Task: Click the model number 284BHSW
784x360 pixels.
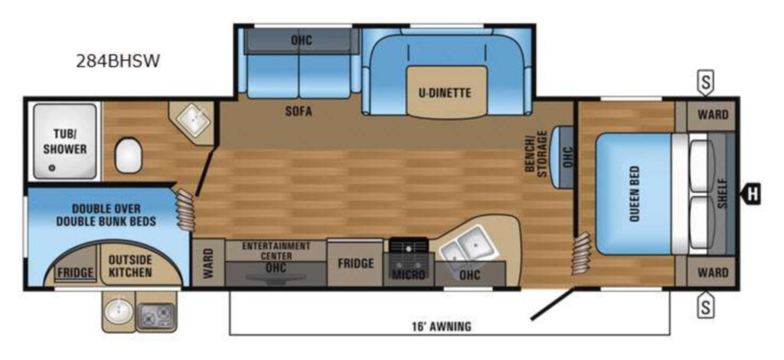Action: pyautogui.click(x=118, y=61)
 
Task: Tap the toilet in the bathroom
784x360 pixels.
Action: pyautogui.click(x=128, y=155)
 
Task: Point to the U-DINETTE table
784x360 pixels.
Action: pyautogui.click(x=446, y=93)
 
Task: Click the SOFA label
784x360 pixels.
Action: pyautogui.click(x=299, y=112)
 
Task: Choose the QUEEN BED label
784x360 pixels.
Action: pyautogui.click(x=634, y=194)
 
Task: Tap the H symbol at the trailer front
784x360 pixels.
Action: pyautogui.click(x=752, y=194)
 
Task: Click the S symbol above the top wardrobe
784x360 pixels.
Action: pyautogui.click(x=705, y=83)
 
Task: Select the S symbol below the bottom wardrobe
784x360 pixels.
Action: pyautogui.click(x=705, y=304)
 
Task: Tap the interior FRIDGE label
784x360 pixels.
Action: pyautogui.click(x=355, y=263)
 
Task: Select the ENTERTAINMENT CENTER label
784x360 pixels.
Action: pyautogui.click(x=276, y=250)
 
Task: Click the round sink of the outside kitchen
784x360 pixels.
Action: pyautogui.click(x=118, y=312)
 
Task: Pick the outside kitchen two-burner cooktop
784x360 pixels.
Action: pyautogui.click(x=155, y=315)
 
